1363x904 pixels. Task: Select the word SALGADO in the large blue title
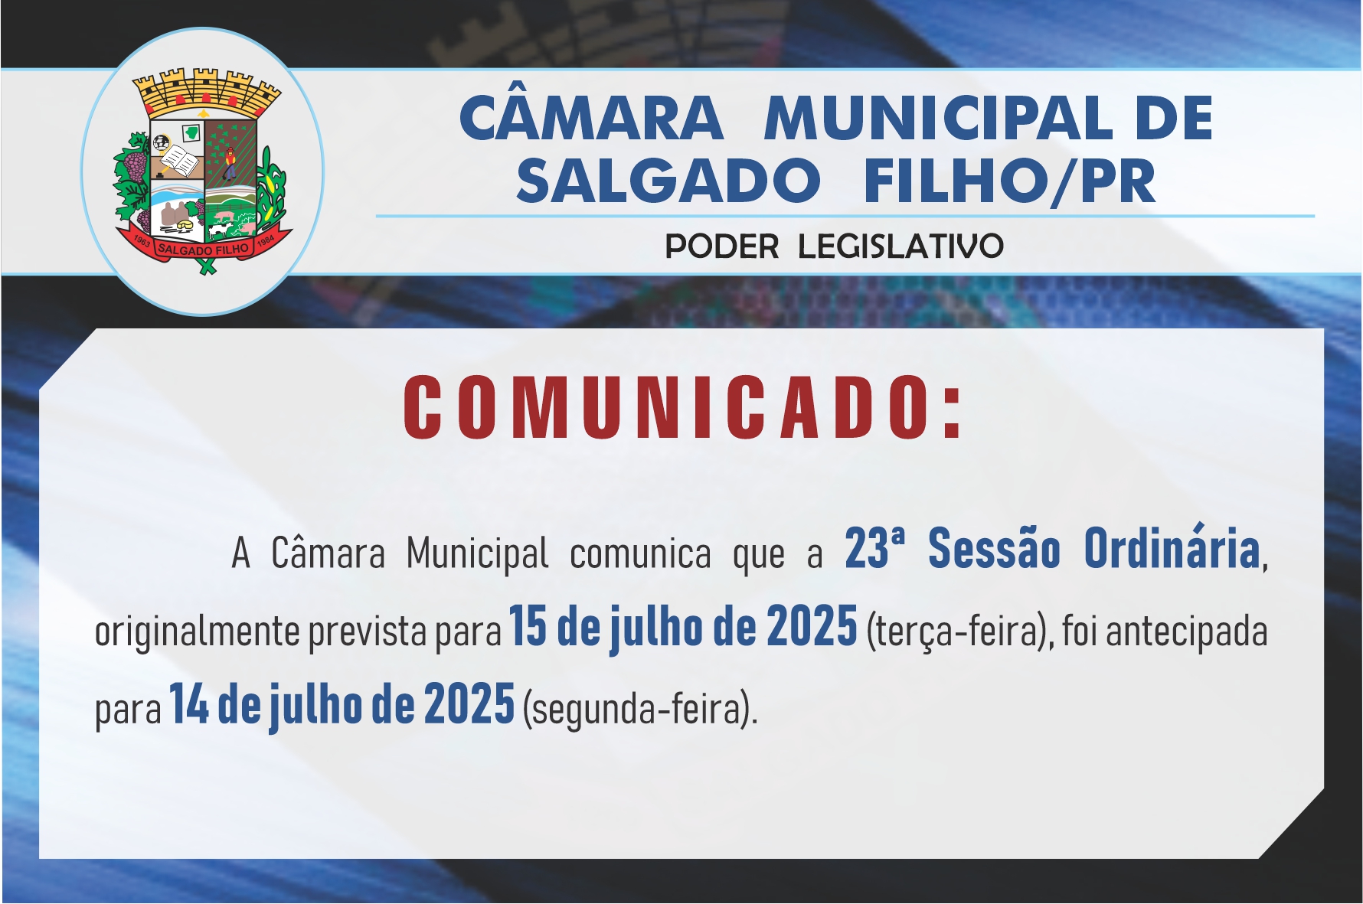point(668,181)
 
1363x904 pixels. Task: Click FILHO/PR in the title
point(1009,182)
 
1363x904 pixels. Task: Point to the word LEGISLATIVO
point(900,246)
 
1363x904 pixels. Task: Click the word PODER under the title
point(721,246)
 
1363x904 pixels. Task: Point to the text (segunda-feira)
point(639,709)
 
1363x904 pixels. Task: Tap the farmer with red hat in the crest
point(229,162)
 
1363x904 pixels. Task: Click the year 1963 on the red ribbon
point(141,241)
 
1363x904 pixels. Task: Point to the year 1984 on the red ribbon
point(265,241)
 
